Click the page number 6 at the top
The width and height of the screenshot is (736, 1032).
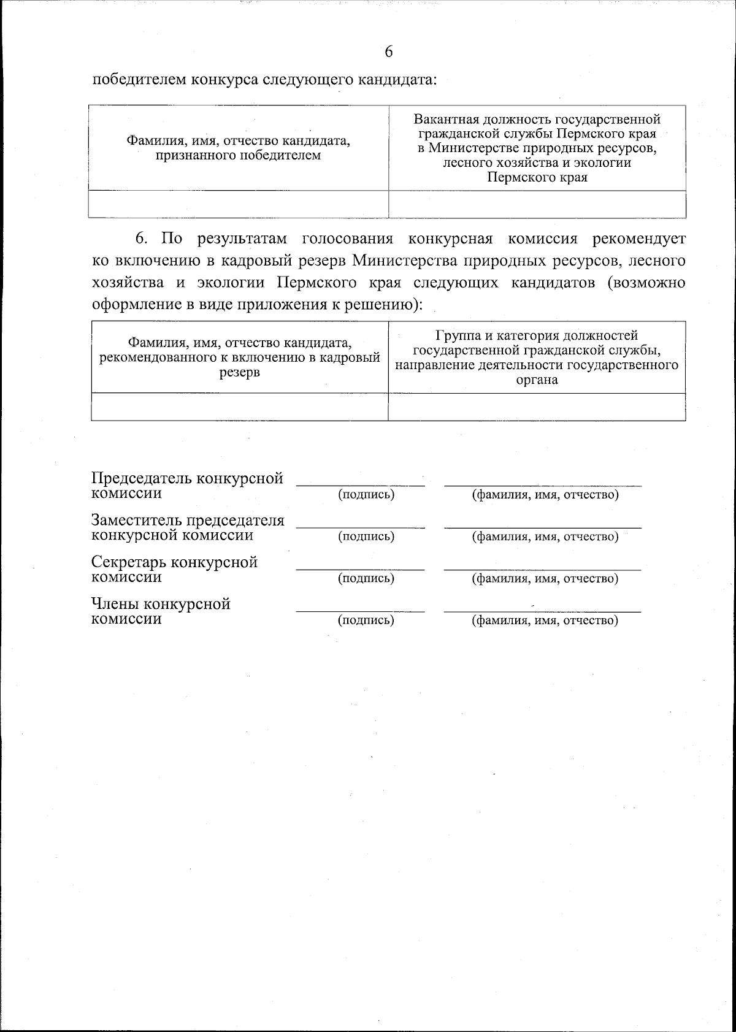(388, 52)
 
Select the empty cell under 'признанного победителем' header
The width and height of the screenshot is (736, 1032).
(239, 204)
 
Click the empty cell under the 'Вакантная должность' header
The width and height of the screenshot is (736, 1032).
(537, 204)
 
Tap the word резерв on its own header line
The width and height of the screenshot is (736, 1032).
(239, 372)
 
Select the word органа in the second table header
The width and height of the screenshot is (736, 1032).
(537, 380)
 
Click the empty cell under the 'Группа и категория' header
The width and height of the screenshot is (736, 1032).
(537, 407)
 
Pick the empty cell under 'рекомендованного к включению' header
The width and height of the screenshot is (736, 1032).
(239, 407)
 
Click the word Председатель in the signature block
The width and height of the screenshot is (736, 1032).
(138, 478)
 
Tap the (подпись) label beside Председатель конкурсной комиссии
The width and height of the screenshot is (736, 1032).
(366, 495)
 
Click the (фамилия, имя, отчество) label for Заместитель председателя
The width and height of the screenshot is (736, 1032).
(545, 537)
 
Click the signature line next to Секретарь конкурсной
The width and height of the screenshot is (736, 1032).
(361, 569)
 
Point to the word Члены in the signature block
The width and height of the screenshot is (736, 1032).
(115, 604)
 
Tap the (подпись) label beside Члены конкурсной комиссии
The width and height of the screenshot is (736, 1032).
(366, 620)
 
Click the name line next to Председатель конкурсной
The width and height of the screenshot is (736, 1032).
(543, 485)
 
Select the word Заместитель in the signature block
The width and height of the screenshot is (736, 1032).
(136, 521)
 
